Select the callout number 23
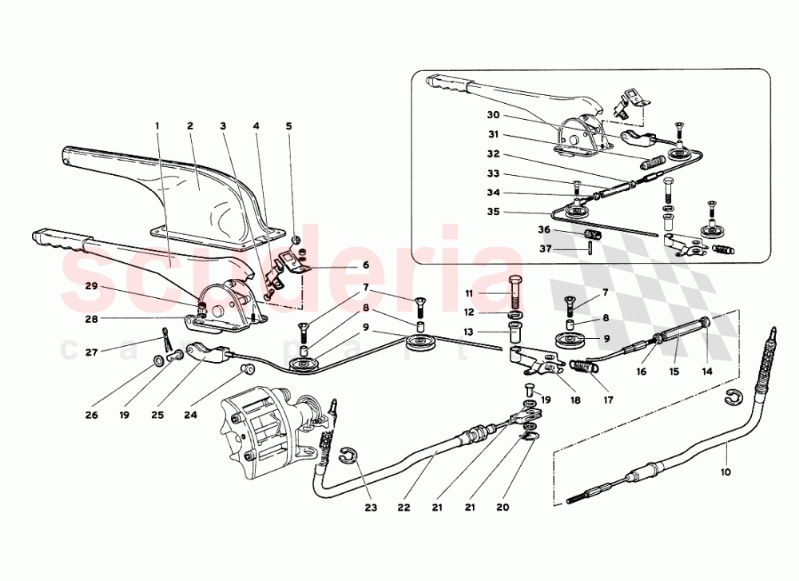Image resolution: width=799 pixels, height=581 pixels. pos(370,506)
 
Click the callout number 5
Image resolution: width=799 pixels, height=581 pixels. pos(289,126)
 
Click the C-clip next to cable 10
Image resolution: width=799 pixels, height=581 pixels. pos(735,396)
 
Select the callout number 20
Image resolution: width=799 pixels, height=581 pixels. pos(502,506)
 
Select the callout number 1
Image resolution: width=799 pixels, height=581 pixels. pos(158,126)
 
